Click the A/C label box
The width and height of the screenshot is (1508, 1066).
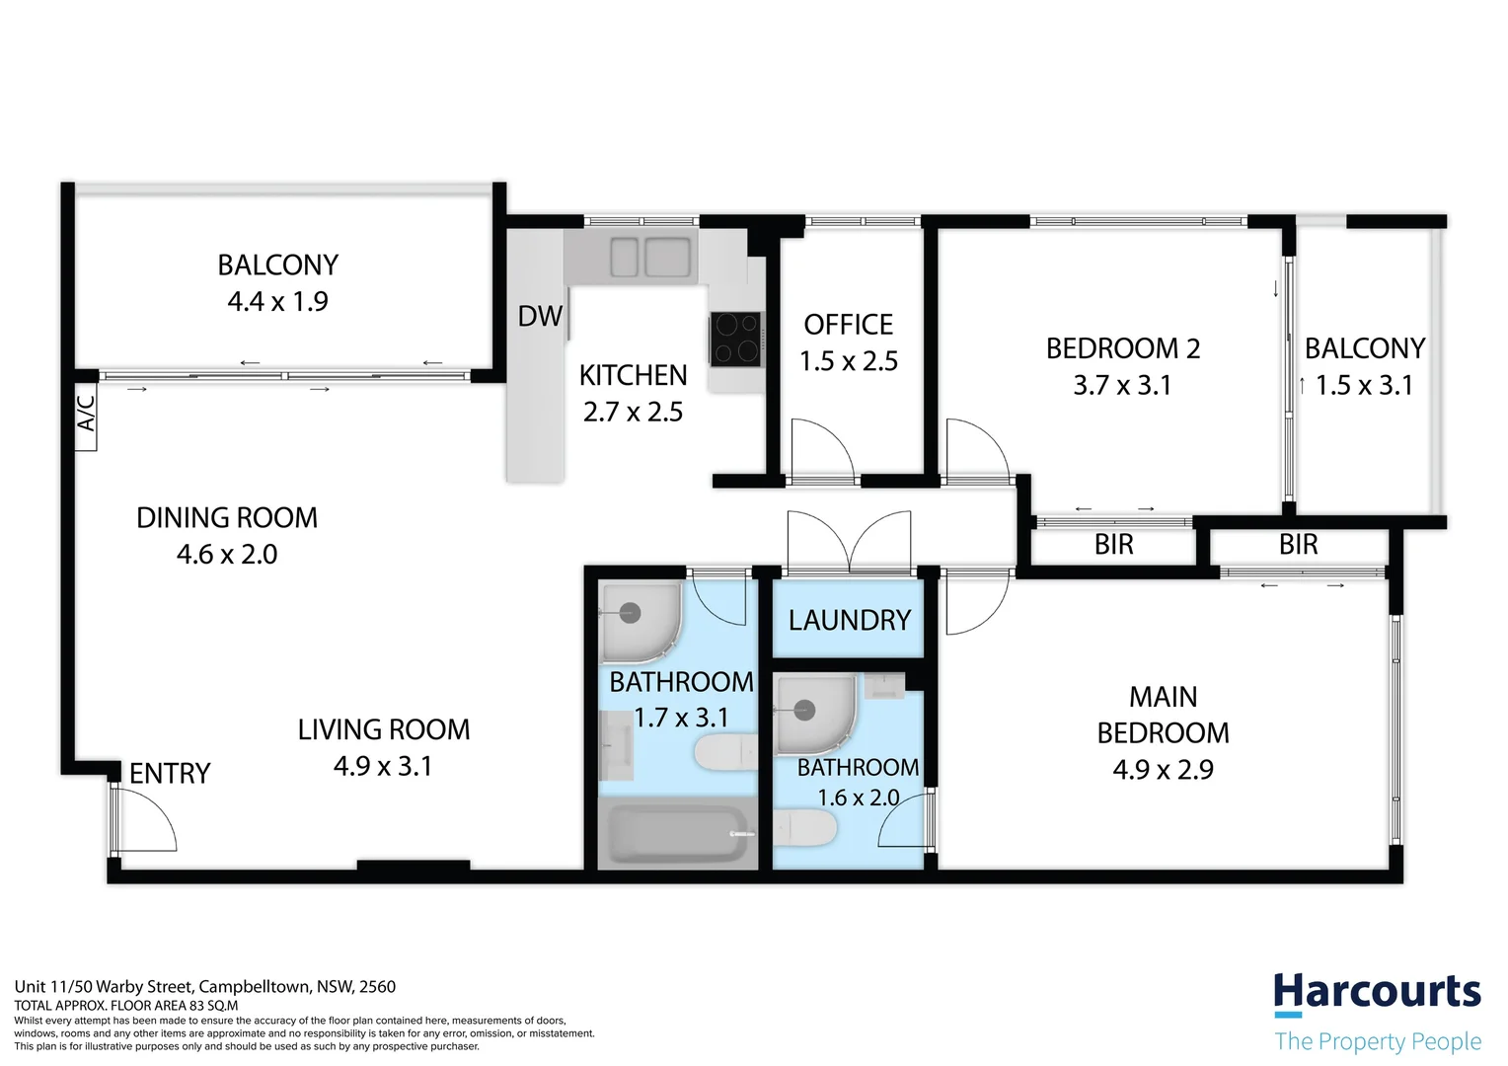coord(86,414)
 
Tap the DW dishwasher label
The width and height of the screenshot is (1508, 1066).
coord(540,317)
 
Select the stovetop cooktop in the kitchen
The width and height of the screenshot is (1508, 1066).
coord(736,339)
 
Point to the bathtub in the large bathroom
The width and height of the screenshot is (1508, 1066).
coord(675,835)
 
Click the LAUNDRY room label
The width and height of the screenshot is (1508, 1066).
coord(849,620)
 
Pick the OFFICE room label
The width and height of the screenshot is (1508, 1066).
coord(848,325)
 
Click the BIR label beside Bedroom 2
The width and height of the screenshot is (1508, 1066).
coord(1113,545)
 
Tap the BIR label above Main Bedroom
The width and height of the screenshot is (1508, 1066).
coord(1298,545)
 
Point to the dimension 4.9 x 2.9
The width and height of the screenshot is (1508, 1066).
coord(1163,770)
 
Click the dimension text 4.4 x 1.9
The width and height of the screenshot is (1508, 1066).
coord(277,302)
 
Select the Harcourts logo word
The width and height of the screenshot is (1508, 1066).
coord(1377,992)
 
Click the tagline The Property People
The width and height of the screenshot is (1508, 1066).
coord(1378,1041)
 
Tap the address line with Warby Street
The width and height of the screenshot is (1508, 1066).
coord(205,986)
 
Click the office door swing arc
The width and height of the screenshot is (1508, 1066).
coord(823,449)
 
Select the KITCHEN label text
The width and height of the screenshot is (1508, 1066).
coord(633,376)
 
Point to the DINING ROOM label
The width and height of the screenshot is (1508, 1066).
coord(227,518)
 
